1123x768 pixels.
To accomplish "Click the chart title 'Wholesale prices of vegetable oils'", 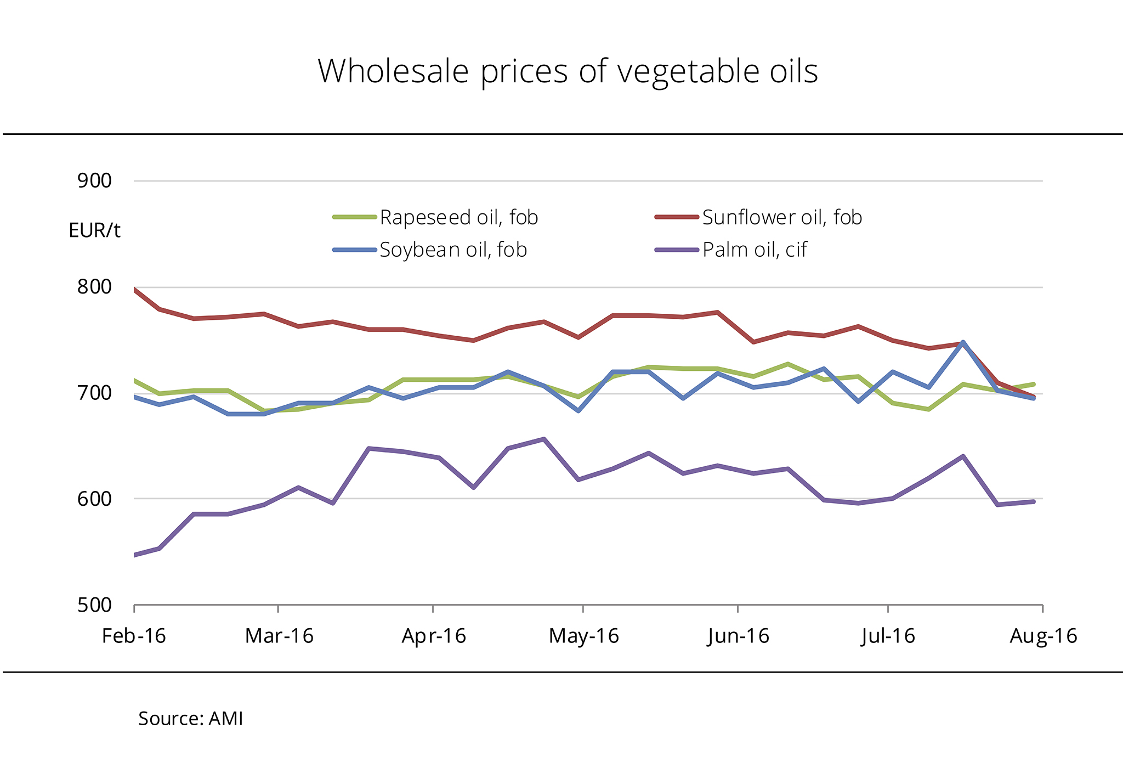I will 568,71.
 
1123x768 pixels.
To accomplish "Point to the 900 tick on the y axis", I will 94,180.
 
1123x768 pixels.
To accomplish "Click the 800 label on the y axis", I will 94,286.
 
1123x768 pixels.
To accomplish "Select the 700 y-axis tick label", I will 94,393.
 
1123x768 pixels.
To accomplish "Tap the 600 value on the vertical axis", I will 94,499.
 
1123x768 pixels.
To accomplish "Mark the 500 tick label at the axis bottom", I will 94,605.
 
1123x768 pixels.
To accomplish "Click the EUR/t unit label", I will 94,230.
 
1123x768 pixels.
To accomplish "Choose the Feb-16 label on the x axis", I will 134,636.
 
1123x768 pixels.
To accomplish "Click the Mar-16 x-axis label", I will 279,636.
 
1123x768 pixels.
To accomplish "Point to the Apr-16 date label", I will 434,636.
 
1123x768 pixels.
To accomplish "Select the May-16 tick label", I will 583,636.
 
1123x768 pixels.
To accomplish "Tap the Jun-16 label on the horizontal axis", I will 738,636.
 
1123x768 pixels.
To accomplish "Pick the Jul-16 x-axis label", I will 888,636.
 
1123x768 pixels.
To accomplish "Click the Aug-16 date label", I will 1043,636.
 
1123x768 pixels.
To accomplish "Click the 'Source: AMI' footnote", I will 190,719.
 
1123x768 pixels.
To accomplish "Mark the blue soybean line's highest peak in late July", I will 963,342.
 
